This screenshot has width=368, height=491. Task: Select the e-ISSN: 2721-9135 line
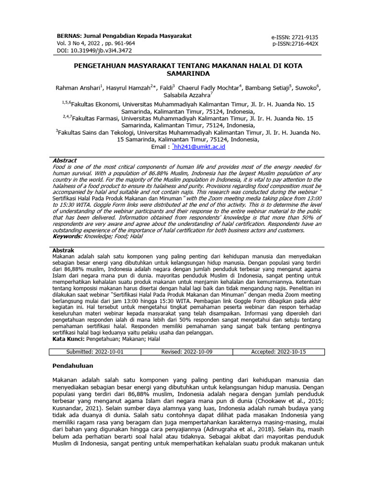coord(295,37)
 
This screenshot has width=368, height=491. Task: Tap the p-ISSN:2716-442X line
coord(295,44)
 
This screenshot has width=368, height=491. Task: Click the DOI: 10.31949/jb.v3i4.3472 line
coord(94,50)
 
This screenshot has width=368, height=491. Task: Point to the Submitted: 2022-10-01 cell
coord(94,352)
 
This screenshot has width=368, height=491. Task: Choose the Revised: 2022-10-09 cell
coord(186,352)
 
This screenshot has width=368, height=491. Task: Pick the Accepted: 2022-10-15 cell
coord(278,352)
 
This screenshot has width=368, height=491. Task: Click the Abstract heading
coord(64,161)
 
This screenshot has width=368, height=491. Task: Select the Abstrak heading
coord(63,251)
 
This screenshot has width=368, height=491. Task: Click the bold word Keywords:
coord(67,236)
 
